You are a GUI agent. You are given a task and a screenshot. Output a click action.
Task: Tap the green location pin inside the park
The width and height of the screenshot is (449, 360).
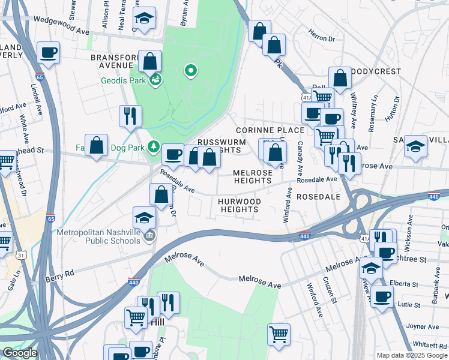pos(191,71)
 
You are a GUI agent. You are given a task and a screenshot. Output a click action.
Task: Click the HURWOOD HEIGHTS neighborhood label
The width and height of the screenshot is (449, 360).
pos(240,205)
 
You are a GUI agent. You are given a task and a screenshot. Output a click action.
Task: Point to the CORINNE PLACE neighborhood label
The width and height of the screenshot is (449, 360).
pos(262,130)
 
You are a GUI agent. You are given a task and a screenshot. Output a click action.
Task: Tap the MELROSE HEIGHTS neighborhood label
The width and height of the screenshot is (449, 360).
pos(253,176)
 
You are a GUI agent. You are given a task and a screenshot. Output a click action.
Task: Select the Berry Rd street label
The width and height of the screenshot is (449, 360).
pos(59,275)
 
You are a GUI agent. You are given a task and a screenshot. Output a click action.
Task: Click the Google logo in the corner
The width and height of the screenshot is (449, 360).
pos(19,353)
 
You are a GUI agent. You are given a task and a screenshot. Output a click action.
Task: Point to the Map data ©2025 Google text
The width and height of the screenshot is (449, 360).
pos(411,355)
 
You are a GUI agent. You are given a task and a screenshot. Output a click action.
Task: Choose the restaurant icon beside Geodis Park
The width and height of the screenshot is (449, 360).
pos(130,116)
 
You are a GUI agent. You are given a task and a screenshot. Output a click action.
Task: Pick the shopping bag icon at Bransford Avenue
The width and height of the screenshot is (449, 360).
pos(150,61)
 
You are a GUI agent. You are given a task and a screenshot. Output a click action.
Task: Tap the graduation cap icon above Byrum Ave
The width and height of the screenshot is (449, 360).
pos(144,19)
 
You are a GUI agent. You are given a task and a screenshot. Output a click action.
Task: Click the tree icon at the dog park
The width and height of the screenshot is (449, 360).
pos(154,146)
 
